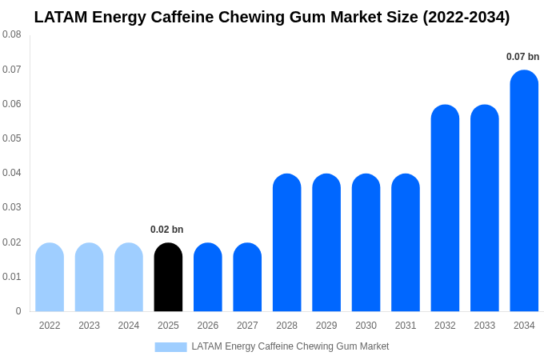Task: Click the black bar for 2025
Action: click(x=168, y=277)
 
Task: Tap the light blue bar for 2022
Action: click(x=50, y=277)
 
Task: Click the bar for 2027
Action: click(x=247, y=277)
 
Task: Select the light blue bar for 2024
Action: click(x=129, y=277)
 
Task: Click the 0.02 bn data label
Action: click(x=166, y=230)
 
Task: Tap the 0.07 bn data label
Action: click(x=522, y=57)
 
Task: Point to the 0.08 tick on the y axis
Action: click(x=12, y=34)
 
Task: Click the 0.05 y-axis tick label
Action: click(x=12, y=138)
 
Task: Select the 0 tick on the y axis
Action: click(x=18, y=311)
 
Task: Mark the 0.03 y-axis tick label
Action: click(x=12, y=207)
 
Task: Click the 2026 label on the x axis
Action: click(x=208, y=326)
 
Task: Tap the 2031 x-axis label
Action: click(x=406, y=326)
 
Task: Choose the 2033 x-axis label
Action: click(x=484, y=326)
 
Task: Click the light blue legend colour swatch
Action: click(x=170, y=347)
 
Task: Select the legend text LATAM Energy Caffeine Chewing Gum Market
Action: click(x=290, y=346)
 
